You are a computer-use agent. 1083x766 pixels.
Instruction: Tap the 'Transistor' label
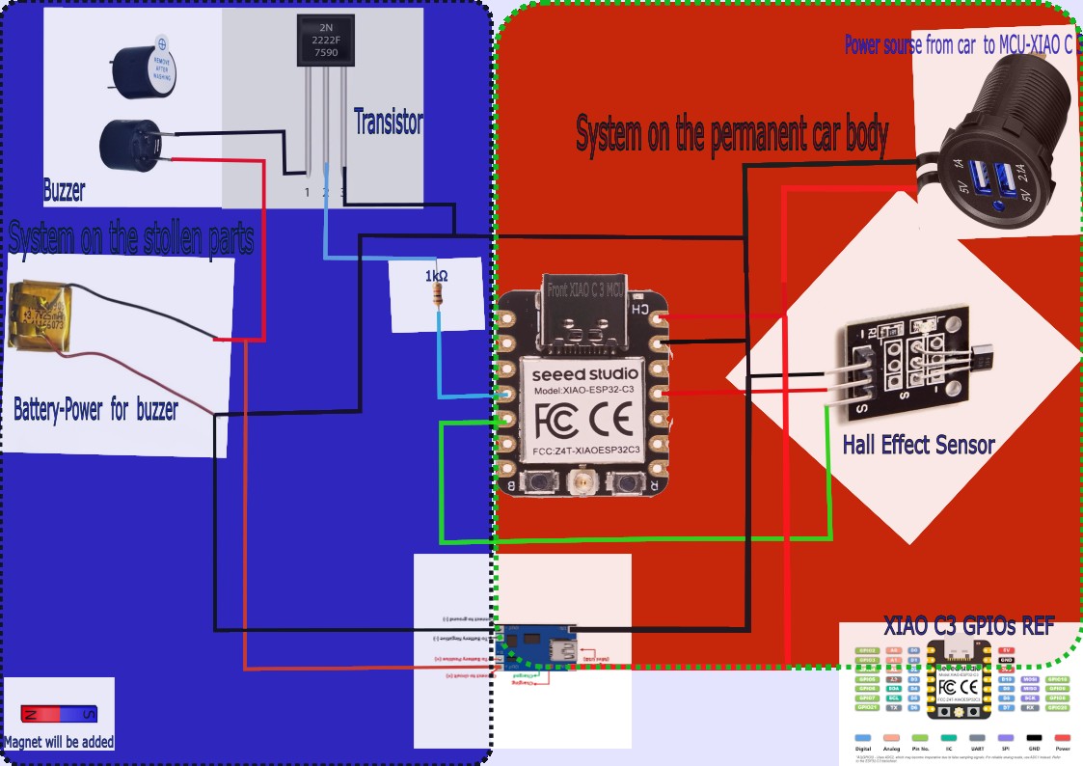pos(388,123)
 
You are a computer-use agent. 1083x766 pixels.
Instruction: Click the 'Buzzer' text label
pos(64,191)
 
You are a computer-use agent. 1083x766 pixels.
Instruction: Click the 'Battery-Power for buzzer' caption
pos(95,410)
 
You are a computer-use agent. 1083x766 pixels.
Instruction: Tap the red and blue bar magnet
pos(59,714)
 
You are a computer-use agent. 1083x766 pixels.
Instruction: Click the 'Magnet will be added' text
pos(59,742)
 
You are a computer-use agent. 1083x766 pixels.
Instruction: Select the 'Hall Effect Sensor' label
pos(918,445)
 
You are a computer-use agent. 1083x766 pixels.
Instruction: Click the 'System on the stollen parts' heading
pos(131,237)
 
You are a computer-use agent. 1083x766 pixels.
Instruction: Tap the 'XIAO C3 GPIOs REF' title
pos(968,623)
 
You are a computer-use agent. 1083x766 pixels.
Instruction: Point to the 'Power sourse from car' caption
pos(959,44)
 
